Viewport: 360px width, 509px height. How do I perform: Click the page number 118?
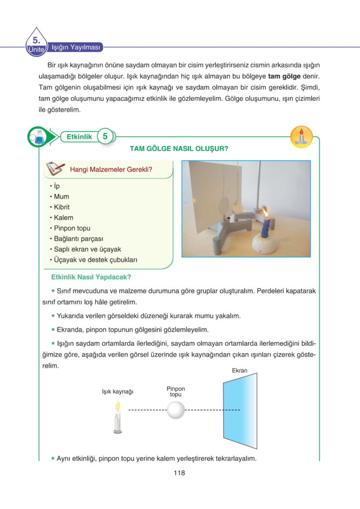point(180,473)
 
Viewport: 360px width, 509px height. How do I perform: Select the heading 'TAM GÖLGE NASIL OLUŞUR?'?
point(179,149)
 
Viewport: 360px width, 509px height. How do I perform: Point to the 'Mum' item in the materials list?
point(62,196)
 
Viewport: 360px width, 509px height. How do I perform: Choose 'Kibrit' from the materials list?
point(62,207)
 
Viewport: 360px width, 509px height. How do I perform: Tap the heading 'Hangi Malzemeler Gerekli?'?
point(111,170)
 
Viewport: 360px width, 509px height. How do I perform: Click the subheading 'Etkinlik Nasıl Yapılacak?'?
point(91,277)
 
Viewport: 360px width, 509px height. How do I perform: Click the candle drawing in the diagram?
point(118,419)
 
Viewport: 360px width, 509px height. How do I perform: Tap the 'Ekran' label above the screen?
point(240,371)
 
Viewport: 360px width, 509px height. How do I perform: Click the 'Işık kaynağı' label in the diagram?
point(118,392)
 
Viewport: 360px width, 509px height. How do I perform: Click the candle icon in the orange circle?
point(301,136)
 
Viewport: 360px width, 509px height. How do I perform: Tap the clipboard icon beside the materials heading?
point(55,170)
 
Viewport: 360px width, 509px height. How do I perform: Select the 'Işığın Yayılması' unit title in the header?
point(76,48)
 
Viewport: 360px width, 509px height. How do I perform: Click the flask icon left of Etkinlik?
point(37,136)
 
